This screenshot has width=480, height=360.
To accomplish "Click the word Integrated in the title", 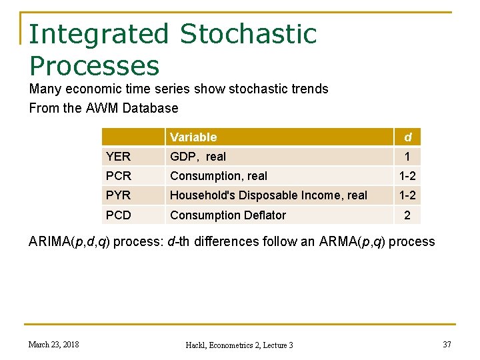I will click(99, 34).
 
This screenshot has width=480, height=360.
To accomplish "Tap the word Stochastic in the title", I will click(248, 34).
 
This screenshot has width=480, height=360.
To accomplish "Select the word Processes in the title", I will click(95, 65).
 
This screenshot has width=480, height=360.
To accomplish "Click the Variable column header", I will click(193, 137).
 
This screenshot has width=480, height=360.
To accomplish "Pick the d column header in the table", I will click(408, 137).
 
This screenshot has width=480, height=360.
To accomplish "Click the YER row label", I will click(119, 157).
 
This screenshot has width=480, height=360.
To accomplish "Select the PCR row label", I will click(119, 176).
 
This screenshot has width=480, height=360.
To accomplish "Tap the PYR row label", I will click(119, 195).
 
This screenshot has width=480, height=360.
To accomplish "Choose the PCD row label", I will click(119, 215).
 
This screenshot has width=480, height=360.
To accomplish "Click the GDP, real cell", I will click(198, 157).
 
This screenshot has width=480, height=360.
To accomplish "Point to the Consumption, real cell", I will click(219, 176).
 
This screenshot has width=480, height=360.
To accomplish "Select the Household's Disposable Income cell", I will click(269, 195).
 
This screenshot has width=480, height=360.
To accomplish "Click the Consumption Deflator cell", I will click(228, 215).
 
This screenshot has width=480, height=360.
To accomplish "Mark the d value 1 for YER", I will click(408, 157).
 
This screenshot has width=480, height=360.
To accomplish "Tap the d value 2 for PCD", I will click(408, 215).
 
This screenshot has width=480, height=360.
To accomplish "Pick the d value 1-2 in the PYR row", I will click(408, 195).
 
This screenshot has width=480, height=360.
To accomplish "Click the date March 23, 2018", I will click(53, 344).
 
